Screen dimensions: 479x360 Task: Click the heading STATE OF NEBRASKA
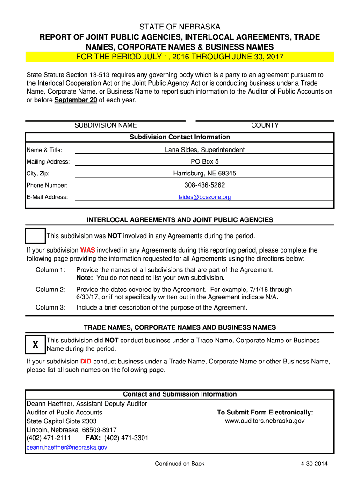(180, 27)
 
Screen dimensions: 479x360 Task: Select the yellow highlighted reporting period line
(180, 57)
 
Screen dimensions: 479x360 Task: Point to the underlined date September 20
(72, 100)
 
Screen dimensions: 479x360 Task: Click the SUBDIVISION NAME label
(106, 125)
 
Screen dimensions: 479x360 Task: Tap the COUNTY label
(265, 125)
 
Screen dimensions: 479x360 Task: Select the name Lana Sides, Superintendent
(204, 150)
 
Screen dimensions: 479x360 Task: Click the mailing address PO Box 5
(204, 162)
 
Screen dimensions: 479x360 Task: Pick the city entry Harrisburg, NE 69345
(204, 174)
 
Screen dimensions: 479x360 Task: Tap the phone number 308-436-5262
(204, 185)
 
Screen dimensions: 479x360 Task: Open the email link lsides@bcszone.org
(204, 197)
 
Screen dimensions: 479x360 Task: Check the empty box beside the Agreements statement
(36, 236)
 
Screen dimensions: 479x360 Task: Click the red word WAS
(87, 250)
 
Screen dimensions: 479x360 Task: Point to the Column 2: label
(50, 290)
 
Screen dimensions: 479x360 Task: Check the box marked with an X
(36, 345)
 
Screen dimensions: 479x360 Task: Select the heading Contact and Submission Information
(180, 394)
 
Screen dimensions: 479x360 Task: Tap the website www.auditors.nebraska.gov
(265, 421)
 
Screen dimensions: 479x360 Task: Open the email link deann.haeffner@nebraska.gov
(67, 447)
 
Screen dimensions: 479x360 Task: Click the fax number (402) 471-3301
(126, 438)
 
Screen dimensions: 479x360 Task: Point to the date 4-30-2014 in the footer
(315, 464)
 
